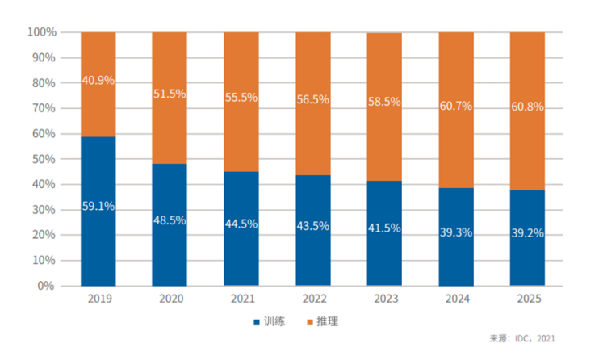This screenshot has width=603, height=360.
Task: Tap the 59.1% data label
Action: (98, 206)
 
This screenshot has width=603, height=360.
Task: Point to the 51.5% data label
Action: (170, 94)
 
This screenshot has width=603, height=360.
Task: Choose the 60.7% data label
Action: (455, 105)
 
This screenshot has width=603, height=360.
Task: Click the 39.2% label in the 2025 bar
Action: (527, 233)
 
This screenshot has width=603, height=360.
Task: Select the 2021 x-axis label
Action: (241, 299)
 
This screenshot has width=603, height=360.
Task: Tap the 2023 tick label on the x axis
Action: (384, 299)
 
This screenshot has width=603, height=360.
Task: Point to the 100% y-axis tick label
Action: (41, 32)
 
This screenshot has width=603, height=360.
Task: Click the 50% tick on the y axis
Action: (44, 159)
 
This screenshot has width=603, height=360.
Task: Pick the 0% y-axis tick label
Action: (47, 286)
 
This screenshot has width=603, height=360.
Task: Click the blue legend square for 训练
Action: (257, 321)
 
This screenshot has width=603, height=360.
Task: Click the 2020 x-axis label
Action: (170, 299)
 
